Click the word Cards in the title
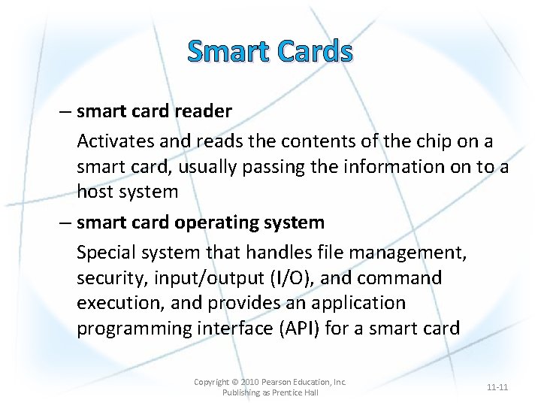(x=314, y=52)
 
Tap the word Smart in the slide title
(x=228, y=52)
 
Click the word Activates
(x=113, y=141)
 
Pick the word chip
(x=422, y=141)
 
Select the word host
(x=96, y=192)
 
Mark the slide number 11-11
(x=497, y=387)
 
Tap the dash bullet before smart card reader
(x=65, y=112)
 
